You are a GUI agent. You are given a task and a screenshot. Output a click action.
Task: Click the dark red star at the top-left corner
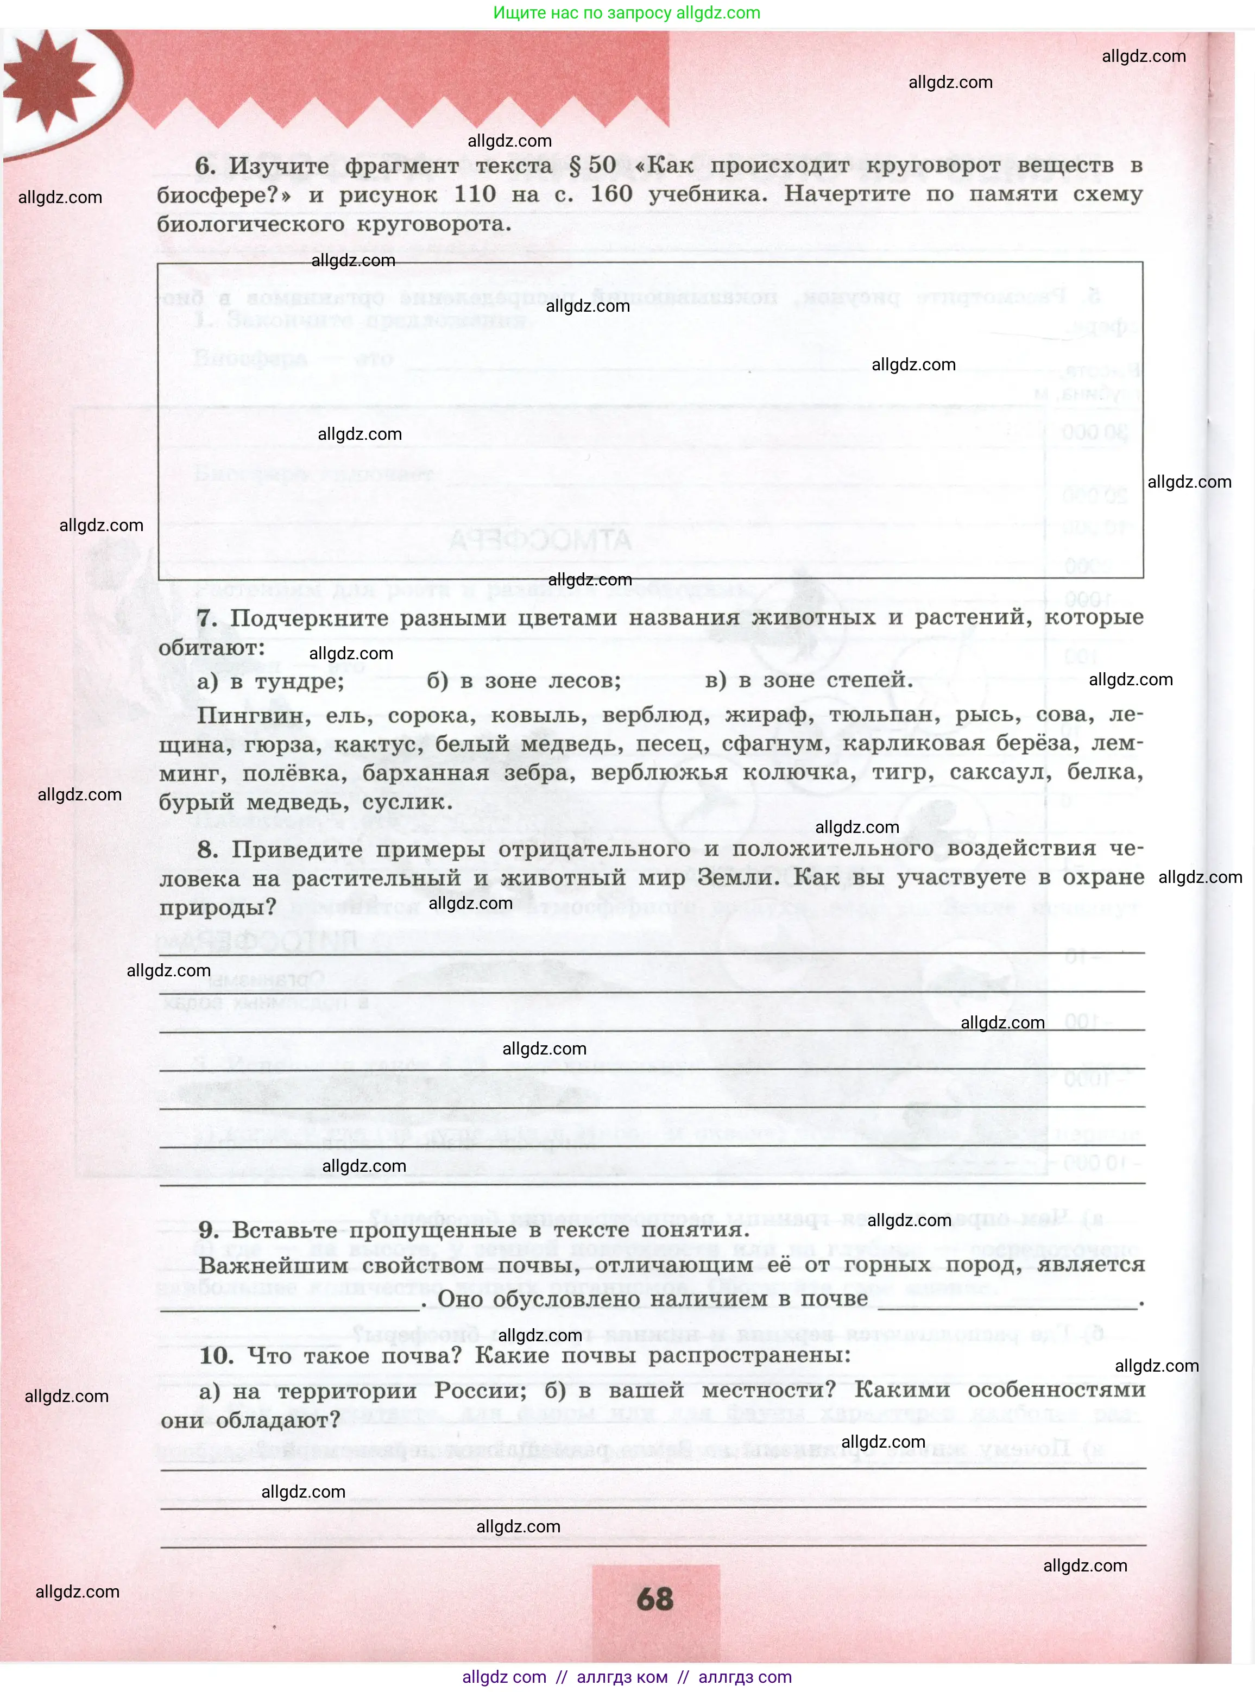click(47, 80)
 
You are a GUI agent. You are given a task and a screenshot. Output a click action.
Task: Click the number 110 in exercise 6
click(474, 194)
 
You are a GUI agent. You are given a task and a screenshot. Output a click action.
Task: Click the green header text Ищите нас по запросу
click(582, 13)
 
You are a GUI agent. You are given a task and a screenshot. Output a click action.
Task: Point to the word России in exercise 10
click(480, 1391)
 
